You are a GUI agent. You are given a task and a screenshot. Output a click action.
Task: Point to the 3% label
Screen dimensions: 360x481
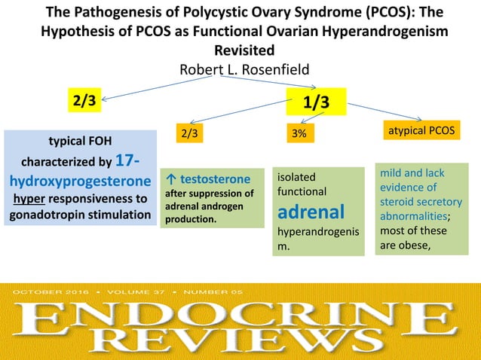(x=299, y=134)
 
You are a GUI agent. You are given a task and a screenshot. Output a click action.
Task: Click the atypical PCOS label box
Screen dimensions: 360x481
(x=421, y=130)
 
